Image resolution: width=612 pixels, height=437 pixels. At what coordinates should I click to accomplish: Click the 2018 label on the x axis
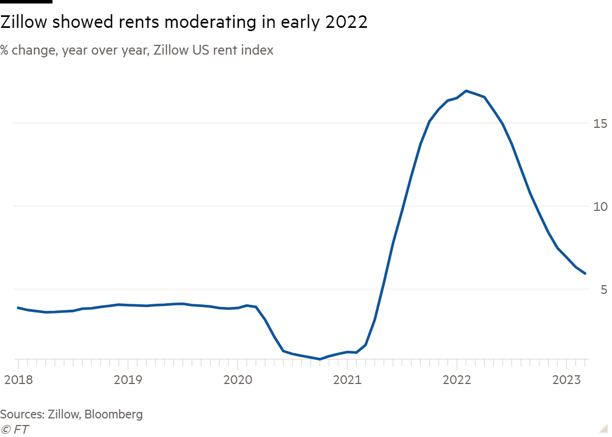click(x=18, y=380)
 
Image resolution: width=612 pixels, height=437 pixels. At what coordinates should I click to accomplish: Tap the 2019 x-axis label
click(x=128, y=380)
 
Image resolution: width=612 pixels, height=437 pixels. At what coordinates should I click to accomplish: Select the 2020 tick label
click(x=238, y=380)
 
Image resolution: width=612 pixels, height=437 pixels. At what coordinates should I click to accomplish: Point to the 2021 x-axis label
click(x=348, y=380)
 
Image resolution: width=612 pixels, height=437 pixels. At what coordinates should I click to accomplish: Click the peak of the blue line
click(x=466, y=91)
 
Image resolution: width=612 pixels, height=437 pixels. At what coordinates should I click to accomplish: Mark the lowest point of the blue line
click(x=320, y=359)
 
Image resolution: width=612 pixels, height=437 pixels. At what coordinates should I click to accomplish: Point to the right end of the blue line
click(x=586, y=274)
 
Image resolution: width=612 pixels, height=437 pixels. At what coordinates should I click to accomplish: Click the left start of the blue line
click(x=18, y=308)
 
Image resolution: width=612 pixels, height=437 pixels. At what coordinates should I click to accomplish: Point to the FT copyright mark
click(x=15, y=430)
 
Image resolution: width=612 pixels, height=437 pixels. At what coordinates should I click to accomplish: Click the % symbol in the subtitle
click(x=3, y=51)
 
